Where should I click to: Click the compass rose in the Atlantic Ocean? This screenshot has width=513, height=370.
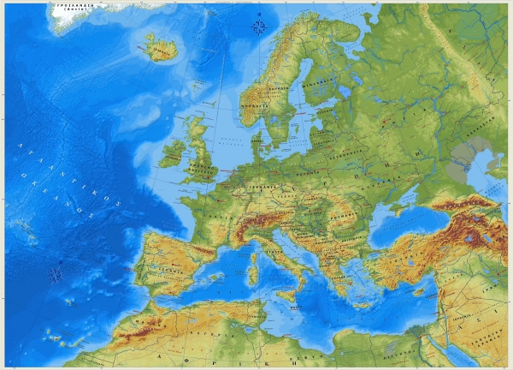tap(56, 275)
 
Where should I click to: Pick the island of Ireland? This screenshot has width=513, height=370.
tap(173, 153)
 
